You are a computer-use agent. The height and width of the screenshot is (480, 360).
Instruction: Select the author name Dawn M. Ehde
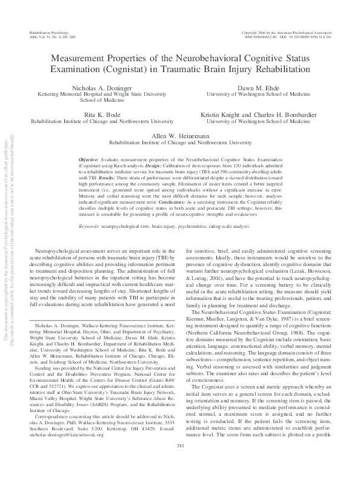point(262,88)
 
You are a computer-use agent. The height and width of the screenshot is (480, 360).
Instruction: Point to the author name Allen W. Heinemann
point(179,136)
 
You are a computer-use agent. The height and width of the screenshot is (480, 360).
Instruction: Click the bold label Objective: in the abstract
point(90,158)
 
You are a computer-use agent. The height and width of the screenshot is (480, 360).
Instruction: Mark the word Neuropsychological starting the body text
point(60,250)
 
